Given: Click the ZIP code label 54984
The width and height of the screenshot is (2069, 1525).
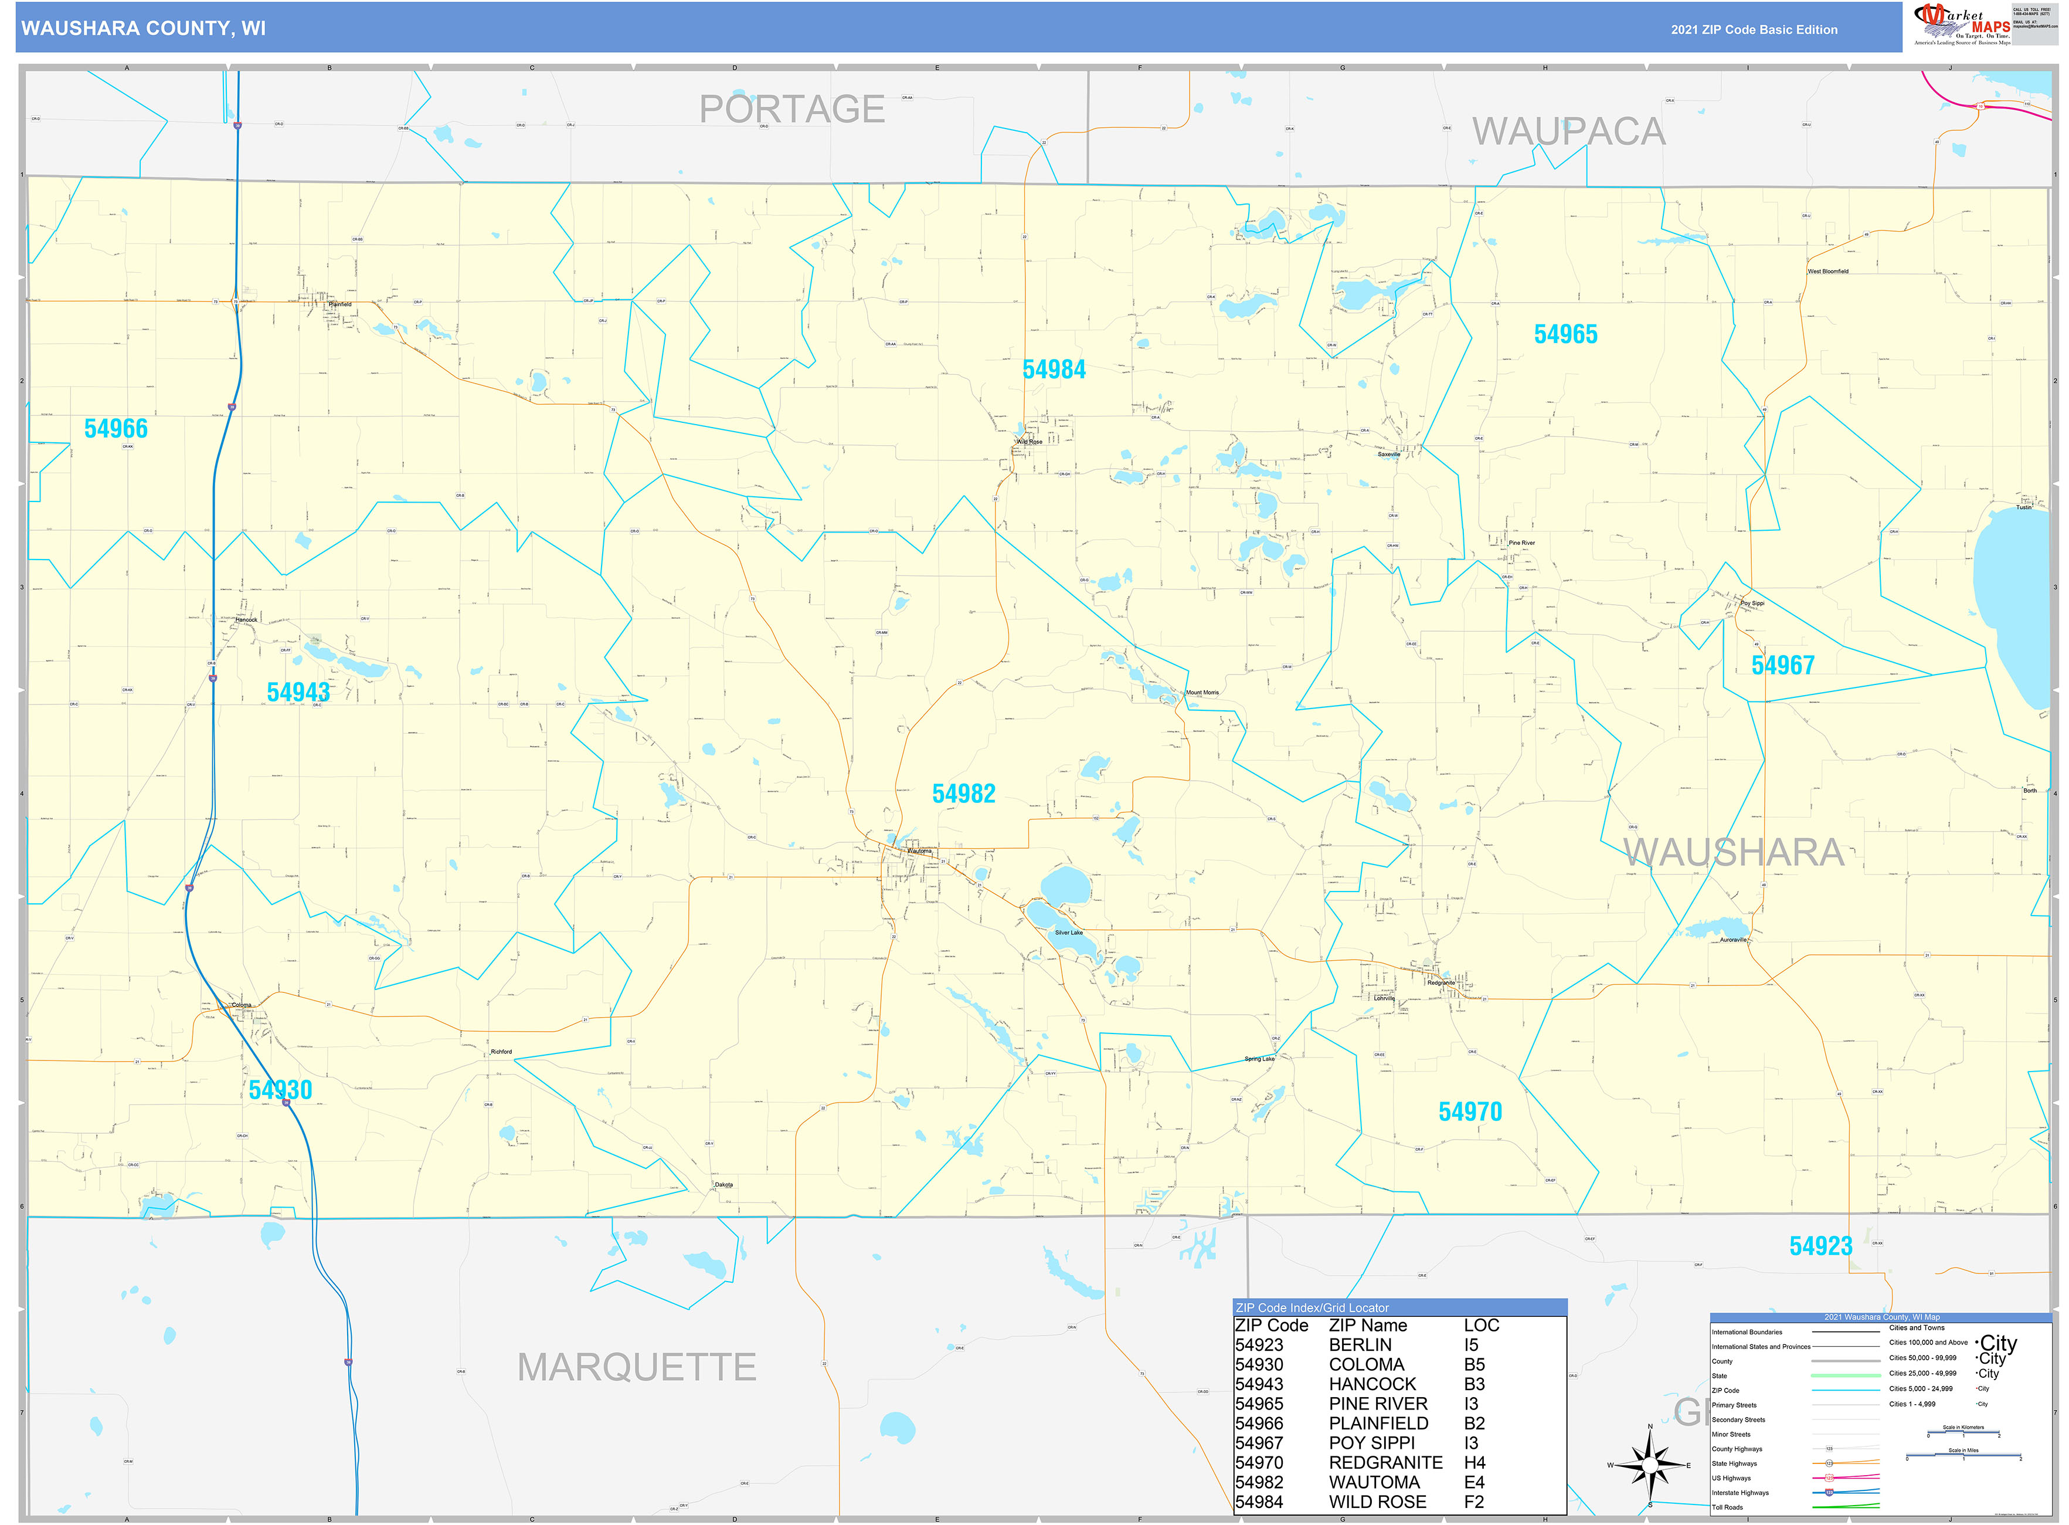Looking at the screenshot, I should pos(1054,370).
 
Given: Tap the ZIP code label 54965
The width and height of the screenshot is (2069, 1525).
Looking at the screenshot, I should pos(1565,334).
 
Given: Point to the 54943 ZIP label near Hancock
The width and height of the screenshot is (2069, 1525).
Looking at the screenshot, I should pos(298,692).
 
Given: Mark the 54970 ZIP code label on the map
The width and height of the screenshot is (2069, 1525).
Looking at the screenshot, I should pos(1470,1112).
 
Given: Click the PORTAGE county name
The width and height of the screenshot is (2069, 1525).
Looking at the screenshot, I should pos(792,109).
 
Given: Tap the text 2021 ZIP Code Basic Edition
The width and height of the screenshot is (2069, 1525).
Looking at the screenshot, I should pos(1754,29).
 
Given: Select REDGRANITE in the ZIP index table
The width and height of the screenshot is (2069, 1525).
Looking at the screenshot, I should pos(1385,1462).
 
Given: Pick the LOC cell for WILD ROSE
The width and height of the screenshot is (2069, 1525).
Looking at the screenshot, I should pos(1474,1502).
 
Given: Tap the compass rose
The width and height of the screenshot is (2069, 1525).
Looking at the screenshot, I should pos(1650,1465).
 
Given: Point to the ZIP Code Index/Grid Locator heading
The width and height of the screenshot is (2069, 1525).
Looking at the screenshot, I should pos(1312,1307).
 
